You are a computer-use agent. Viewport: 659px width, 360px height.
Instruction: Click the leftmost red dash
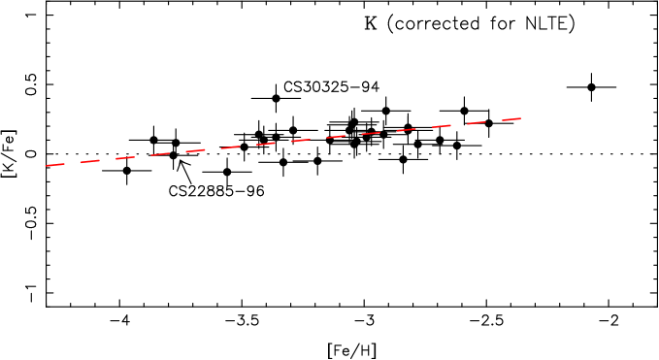[x=54, y=165]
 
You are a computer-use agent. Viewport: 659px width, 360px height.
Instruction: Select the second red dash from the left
[x=90, y=161]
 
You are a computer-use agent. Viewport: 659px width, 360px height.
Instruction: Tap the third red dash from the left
[x=125, y=158]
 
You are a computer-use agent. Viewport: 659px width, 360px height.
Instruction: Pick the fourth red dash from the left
[x=160, y=154]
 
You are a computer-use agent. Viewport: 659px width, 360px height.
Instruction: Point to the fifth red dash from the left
[x=195, y=150]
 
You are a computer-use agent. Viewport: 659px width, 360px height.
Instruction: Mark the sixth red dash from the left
[x=230, y=147]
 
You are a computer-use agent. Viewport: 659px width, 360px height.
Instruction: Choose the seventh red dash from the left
[x=265, y=144]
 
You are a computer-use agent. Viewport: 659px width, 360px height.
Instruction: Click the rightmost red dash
[x=511, y=119]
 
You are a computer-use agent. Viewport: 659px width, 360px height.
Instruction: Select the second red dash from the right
[x=477, y=123]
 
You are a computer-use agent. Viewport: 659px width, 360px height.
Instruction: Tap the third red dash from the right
[x=442, y=126]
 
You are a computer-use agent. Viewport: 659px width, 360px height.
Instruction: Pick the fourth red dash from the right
[x=406, y=130]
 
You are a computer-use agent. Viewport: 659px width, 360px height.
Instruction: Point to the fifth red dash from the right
[x=371, y=133]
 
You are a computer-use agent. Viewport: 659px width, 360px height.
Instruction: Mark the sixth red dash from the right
[x=336, y=137]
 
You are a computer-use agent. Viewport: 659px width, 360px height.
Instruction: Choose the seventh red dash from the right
[x=301, y=141]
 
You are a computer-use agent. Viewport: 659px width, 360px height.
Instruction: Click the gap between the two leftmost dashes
[x=73, y=163]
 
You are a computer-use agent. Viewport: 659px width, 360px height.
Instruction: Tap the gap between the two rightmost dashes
[x=494, y=121]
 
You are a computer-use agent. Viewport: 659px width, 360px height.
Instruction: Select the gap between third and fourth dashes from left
[x=143, y=156]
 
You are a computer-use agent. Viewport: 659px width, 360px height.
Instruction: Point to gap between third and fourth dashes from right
[x=424, y=128]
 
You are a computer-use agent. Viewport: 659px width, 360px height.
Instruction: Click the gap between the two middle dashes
[x=283, y=143]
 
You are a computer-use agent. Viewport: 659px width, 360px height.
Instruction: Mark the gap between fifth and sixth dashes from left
[x=213, y=149]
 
